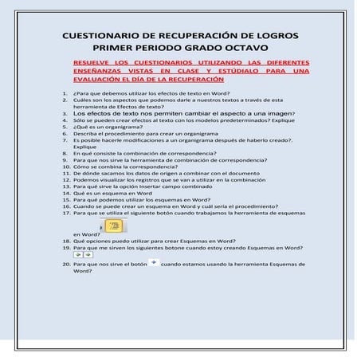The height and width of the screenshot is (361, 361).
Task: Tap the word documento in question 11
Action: coord(242,172)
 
